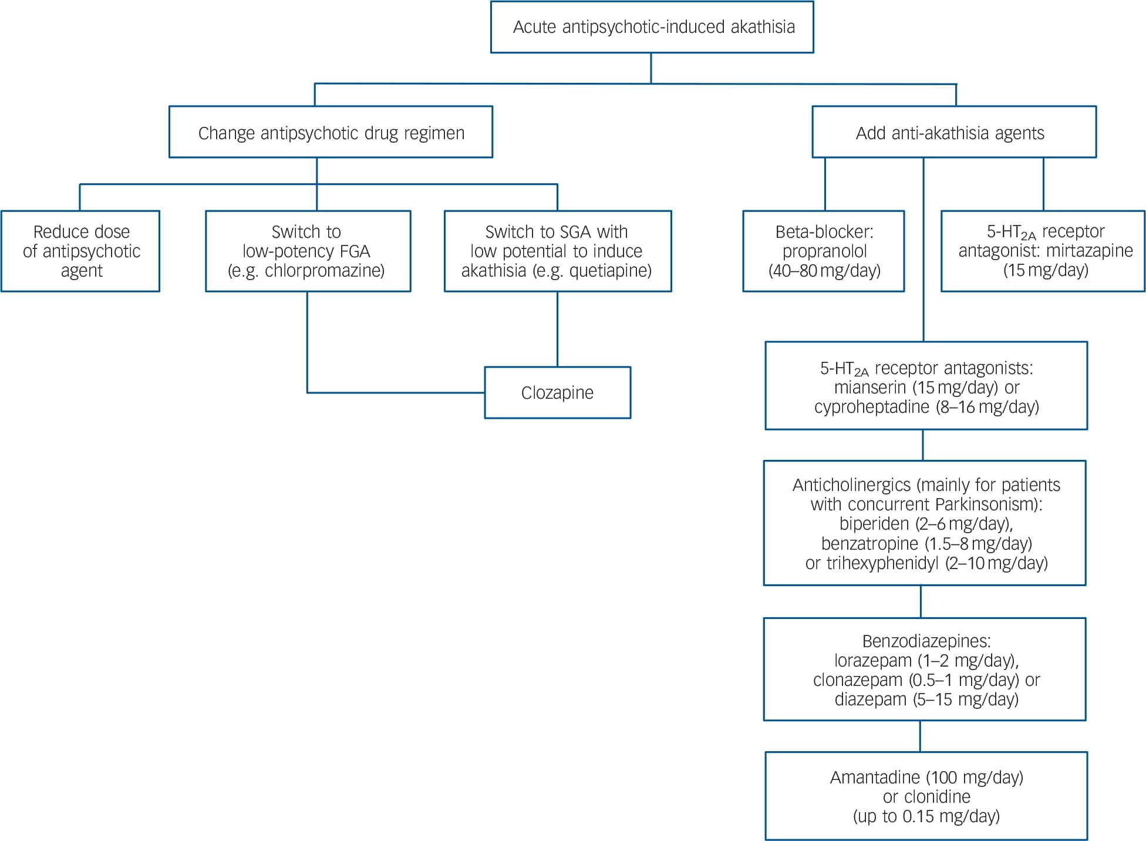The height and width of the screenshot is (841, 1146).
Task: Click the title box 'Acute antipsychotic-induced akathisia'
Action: [x=652, y=27]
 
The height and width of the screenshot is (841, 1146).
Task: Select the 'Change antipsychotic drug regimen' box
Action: [x=331, y=133]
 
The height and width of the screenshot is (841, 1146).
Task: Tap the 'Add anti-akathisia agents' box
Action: [x=953, y=133]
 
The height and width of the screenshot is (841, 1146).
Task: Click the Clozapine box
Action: [x=557, y=392]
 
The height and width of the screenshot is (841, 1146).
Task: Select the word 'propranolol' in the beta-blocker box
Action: [x=824, y=251]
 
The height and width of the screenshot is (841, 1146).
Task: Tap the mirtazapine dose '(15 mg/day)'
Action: [x=1045, y=270]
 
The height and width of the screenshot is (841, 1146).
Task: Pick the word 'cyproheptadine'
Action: [x=871, y=407]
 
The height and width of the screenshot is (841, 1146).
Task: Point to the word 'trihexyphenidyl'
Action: [x=882, y=563]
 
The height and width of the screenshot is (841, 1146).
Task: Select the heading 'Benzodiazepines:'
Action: [x=926, y=641]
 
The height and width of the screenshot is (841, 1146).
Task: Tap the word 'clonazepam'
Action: [x=858, y=679]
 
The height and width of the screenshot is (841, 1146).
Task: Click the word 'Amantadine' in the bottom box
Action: [x=875, y=777]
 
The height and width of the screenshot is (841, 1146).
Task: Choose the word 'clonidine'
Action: [x=938, y=796]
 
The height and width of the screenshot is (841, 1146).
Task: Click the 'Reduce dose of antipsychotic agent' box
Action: [x=80, y=251]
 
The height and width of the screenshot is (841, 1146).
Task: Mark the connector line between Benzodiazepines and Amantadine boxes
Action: [x=920, y=736]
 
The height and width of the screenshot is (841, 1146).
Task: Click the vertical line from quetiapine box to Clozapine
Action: [x=557, y=329]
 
